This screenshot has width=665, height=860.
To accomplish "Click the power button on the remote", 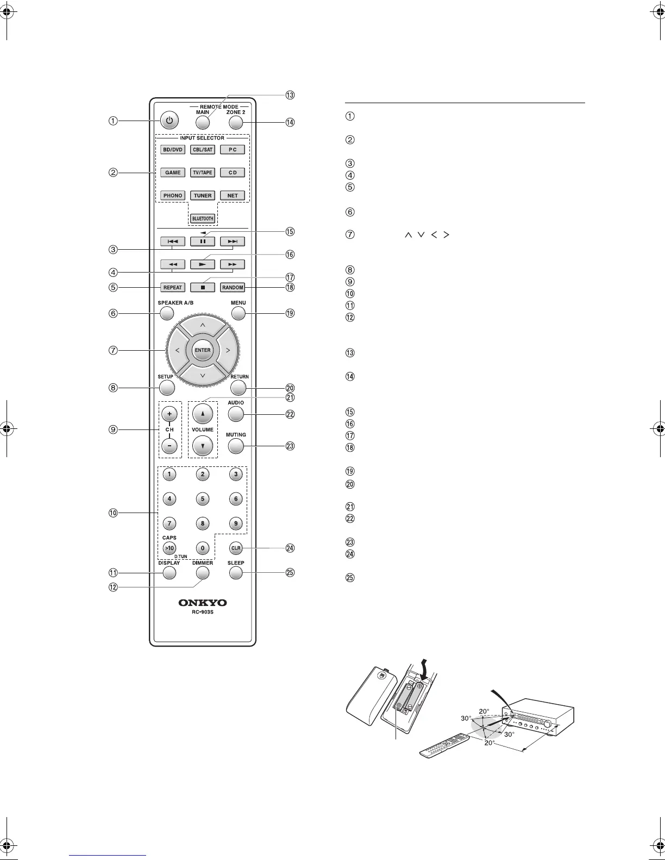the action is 170,121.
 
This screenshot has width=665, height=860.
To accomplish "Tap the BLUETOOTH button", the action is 203,218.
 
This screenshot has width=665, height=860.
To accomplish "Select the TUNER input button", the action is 203,195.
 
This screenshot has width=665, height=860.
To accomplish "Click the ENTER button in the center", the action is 203,350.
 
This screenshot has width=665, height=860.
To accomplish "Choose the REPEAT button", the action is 173,287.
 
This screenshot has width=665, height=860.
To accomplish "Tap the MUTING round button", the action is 236,446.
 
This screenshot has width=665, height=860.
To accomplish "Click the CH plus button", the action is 170,414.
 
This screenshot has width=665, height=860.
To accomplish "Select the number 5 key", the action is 203,498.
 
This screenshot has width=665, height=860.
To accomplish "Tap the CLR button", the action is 236,548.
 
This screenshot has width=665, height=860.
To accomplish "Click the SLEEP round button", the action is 236,573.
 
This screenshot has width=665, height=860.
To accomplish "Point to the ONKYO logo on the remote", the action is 203,603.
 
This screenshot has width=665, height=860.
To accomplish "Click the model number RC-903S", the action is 203,613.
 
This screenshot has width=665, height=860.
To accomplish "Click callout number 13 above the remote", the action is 290,95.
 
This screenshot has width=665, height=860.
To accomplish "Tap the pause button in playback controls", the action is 203,241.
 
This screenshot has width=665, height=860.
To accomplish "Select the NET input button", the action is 233,195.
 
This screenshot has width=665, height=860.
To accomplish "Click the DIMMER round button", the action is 203,573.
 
